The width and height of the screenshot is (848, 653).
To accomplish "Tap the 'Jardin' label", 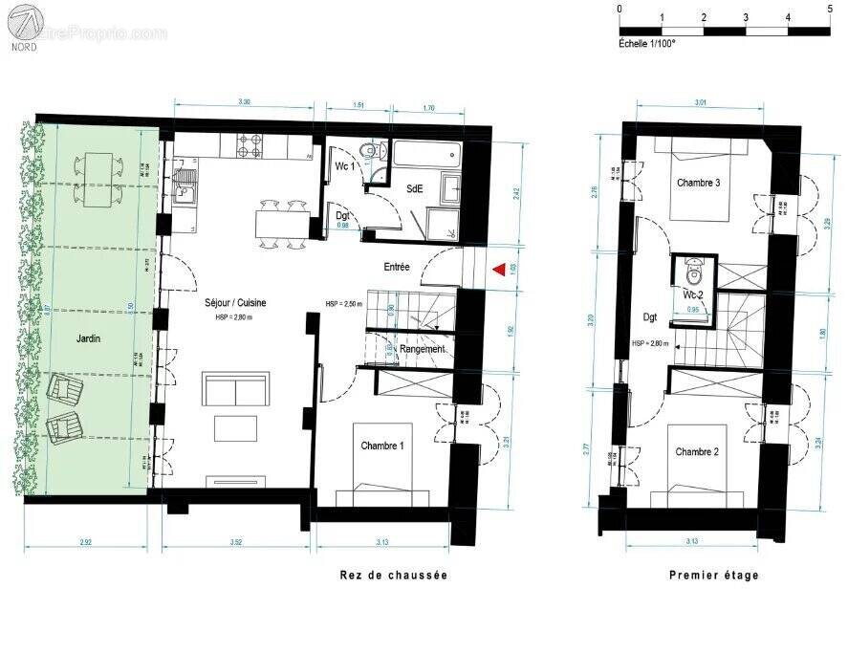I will pyautogui.click(x=90, y=338).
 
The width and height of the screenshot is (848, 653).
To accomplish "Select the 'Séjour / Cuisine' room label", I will pyautogui.click(x=235, y=302).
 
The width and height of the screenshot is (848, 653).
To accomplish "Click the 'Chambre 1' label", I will pyautogui.click(x=381, y=446).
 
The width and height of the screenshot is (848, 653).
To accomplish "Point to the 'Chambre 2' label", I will pyautogui.click(x=696, y=451).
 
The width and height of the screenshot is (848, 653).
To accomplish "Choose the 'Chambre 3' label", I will pyautogui.click(x=698, y=183).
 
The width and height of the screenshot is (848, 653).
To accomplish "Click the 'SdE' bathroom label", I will pyautogui.click(x=414, y=188).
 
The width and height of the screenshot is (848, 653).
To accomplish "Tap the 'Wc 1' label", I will pyautogui.click(x=345, y=166).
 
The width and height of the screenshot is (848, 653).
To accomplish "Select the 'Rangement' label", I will pyautogui.click(x=422, y=349).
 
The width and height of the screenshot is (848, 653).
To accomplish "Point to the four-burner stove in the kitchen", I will pyautogui.click(x=250, y=146).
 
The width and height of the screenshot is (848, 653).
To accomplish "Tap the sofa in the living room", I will pyautogui.click(x=235, y=391).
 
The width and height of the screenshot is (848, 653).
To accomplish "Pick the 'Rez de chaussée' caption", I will pyautogui.click(x=393, y=575).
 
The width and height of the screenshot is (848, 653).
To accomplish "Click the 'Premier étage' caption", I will pyautogui.click(x=713, y=575).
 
